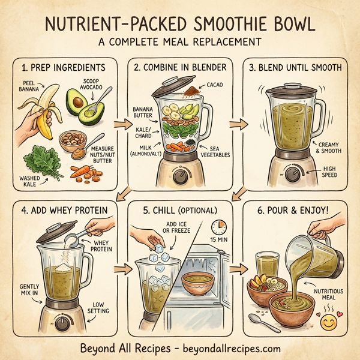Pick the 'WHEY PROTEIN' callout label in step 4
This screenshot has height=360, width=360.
[103, 245]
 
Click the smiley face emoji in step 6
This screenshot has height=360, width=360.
[328, 324]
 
